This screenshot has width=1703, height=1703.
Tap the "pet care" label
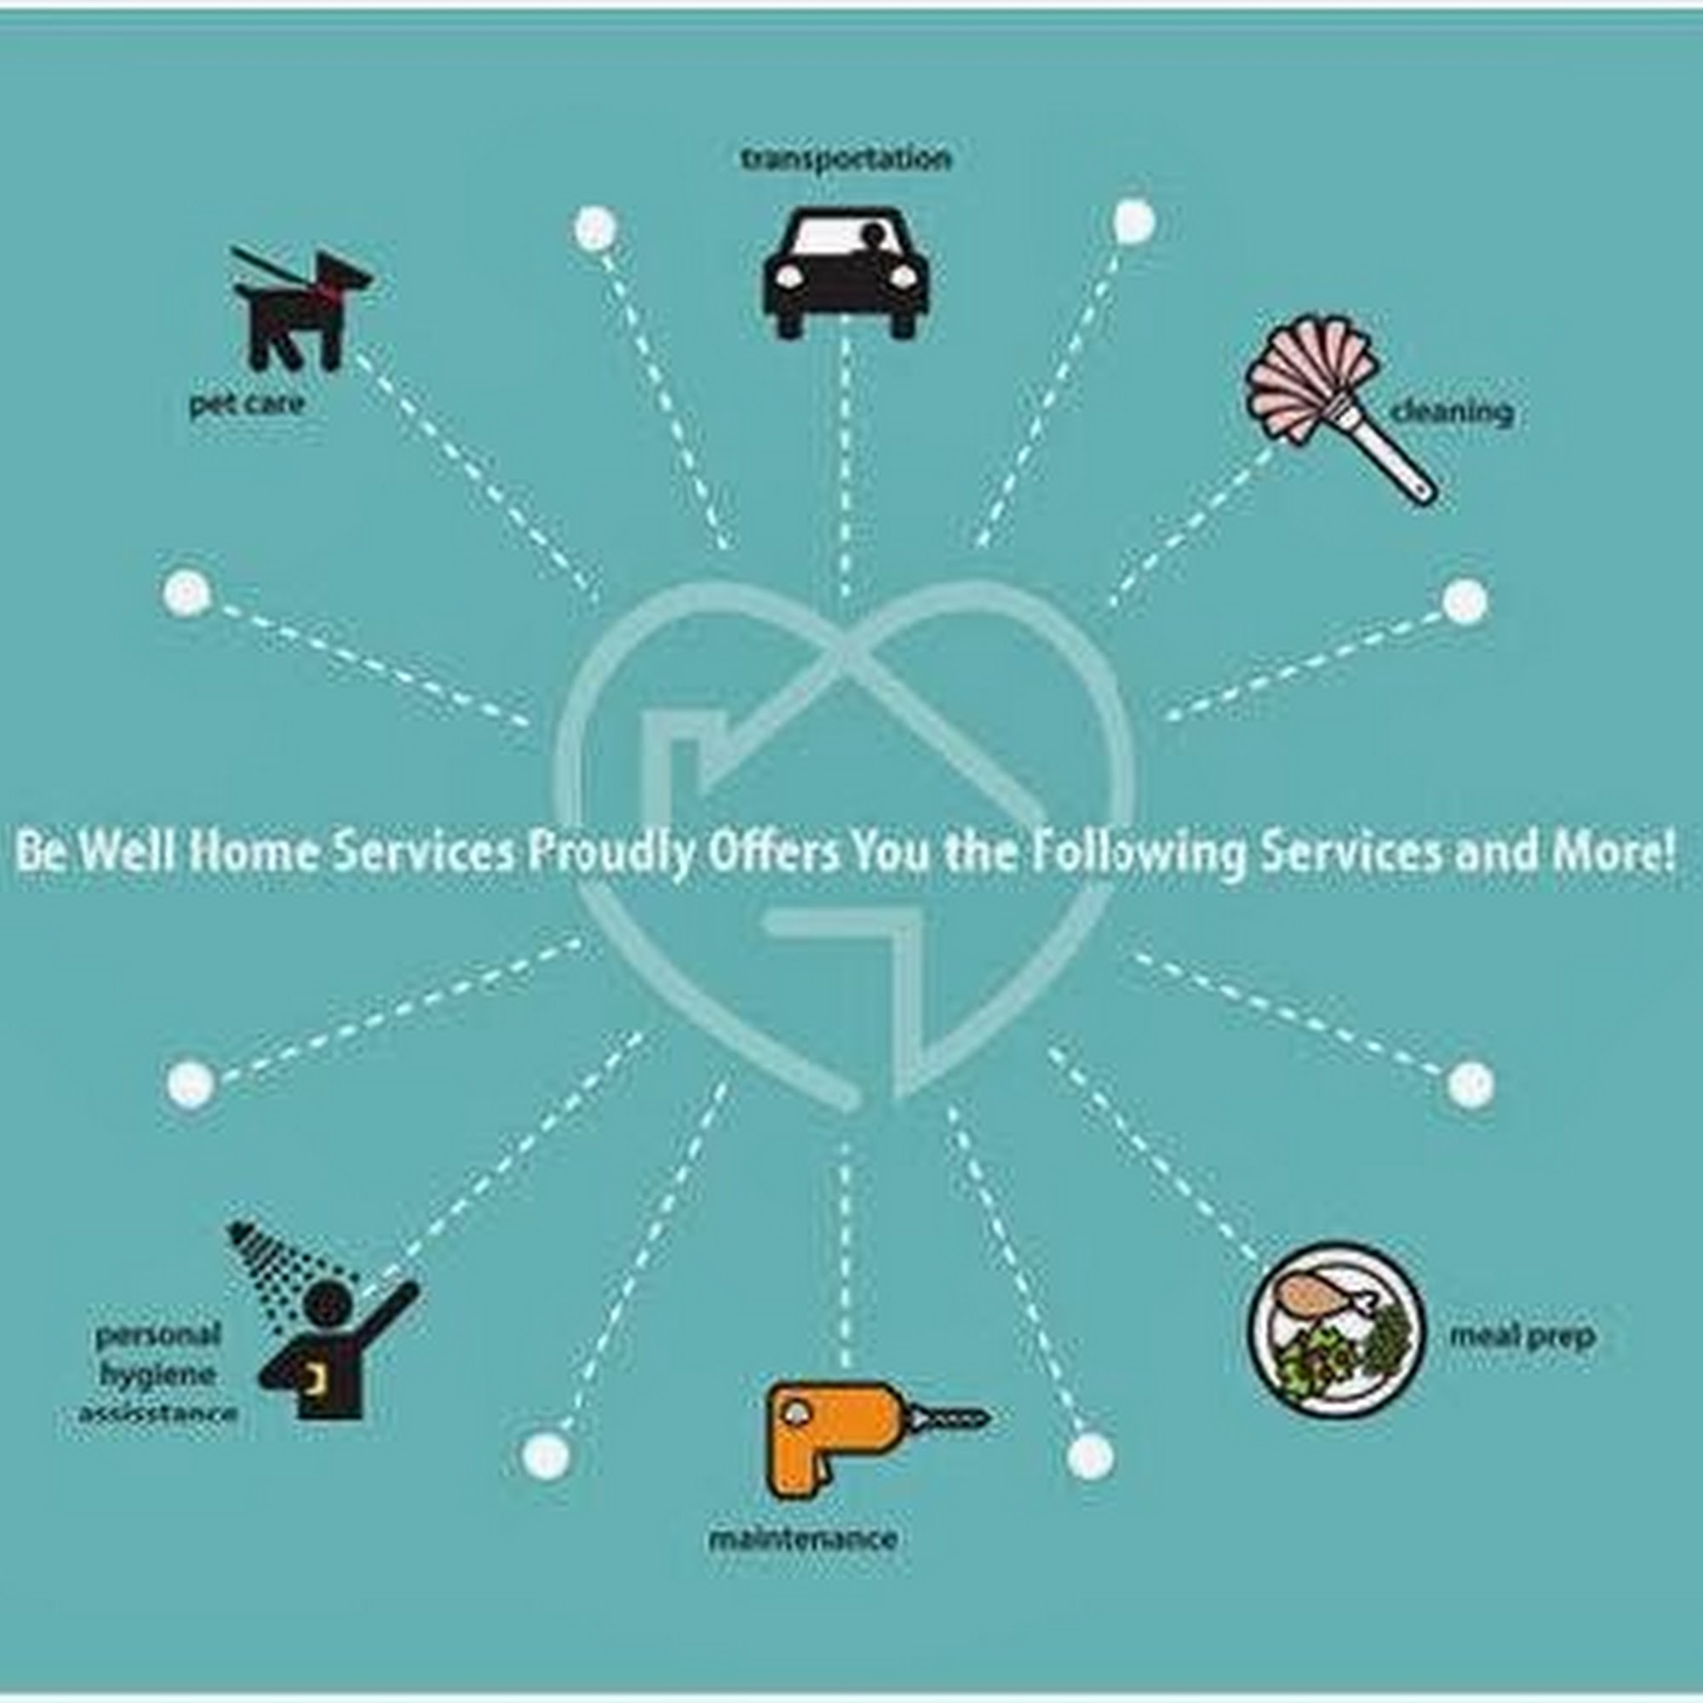pos(247,404)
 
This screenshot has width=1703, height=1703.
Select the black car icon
pos(846,272)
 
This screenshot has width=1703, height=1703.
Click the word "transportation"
pos(846,159)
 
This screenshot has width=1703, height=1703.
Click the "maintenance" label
pos(803,1539)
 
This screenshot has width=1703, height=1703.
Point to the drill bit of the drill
pos(953,1419)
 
